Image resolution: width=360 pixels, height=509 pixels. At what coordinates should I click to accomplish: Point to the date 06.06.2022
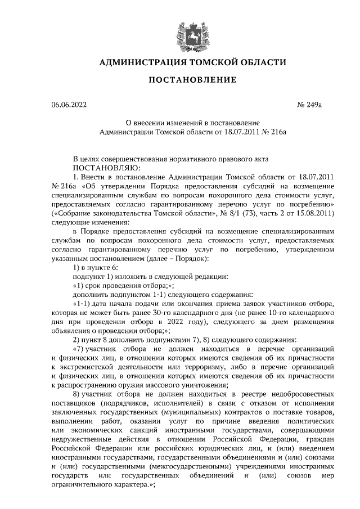coord(69,105)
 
